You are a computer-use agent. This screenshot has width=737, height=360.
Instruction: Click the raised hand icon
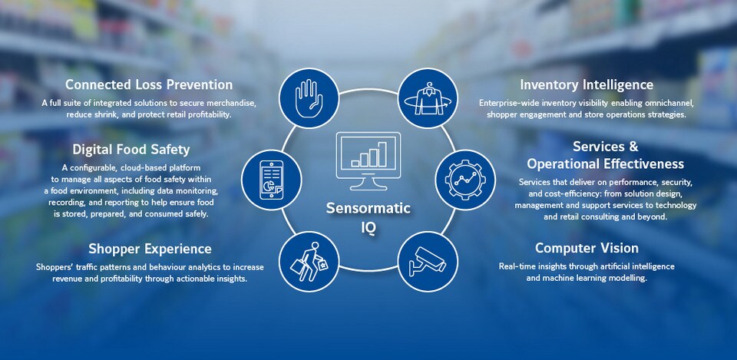pos(309,98)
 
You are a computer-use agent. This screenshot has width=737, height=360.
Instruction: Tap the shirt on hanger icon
pos(428,98)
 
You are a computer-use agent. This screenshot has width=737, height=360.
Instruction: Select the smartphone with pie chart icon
pos(272,180)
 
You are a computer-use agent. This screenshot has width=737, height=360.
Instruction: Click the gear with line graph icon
pos(465,180)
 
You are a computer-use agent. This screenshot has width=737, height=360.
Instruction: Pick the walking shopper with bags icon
pos(309,261)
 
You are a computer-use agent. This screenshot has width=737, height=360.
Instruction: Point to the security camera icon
pos(428,261)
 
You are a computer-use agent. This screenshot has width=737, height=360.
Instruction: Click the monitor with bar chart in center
pos(368,160)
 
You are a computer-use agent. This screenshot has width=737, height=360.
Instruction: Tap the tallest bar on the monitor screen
pos(382,154)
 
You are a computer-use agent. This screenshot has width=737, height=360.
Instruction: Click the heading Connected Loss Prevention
pos(149,84)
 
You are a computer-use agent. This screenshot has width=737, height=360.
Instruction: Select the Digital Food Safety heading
pos(131,150)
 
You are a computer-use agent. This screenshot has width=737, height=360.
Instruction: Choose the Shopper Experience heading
pos(150,249)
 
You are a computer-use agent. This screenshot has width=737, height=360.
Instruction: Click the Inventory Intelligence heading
pos(587,85)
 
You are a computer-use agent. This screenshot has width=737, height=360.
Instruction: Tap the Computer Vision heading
pos(587,248)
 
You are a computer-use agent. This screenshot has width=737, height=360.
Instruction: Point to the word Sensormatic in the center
pos(368,208)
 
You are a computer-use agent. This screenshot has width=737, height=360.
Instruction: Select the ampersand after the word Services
pos(633,147)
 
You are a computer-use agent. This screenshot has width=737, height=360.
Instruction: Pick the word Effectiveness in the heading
pos(644,164)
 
